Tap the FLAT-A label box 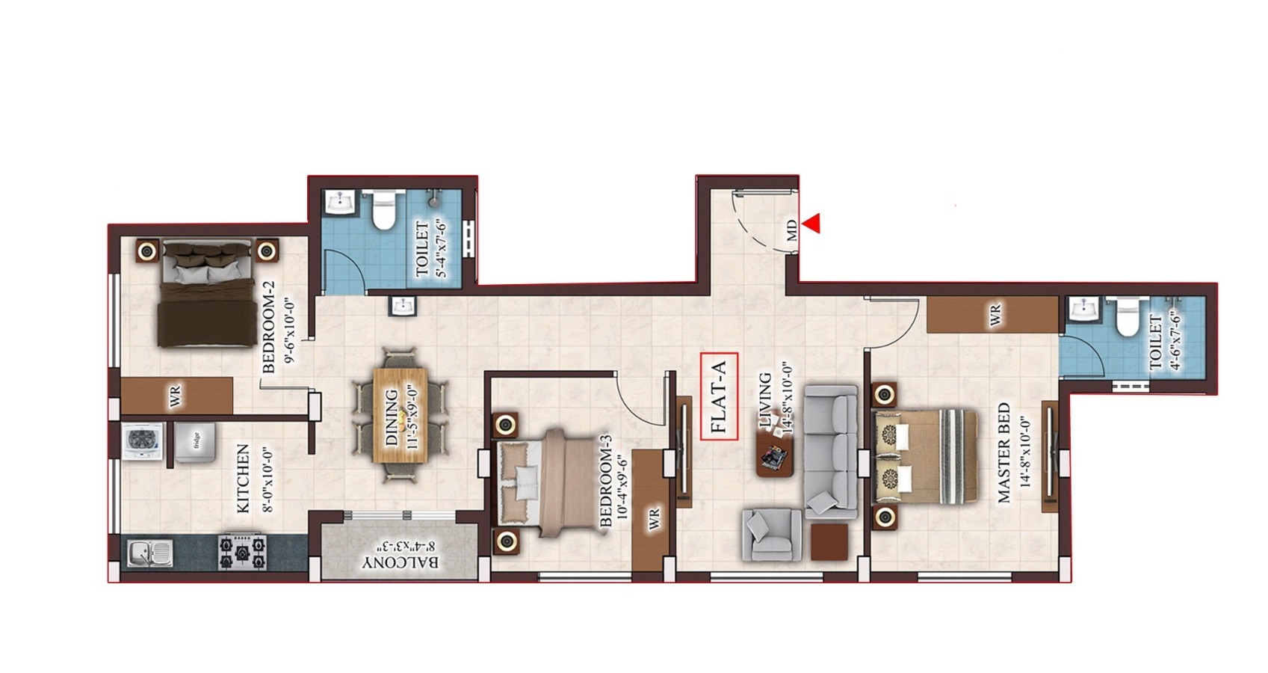click(x=719, y=396)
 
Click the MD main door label click(x=791, y=230)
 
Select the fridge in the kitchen click(x=195, y=443)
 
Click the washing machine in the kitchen click(x=143, y=442)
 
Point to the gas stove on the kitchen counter click(x=243, y=551)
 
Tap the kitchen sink click(x=150, y=553)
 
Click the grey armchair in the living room click(x=772, y=535)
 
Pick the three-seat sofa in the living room click(x=831, y=452)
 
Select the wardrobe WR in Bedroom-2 click(x=176, y=396)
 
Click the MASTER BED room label click(x=1003, y=452)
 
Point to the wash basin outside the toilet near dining click(x=403, y=306)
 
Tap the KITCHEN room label click(x=242, y=479)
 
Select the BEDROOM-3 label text click(x=605, y=481)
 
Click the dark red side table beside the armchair click(x=829, y=542)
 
